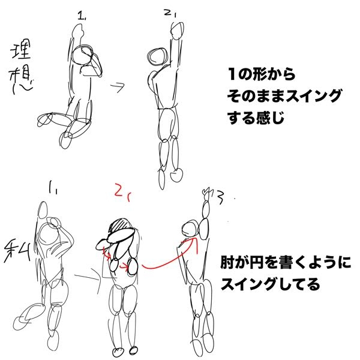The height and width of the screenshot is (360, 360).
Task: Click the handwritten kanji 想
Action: coord(21,80)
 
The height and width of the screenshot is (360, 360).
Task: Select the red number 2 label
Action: coord(122,193)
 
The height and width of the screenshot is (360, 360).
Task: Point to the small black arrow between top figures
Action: coord(118,87)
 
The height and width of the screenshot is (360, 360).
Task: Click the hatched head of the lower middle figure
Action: coord(121,226)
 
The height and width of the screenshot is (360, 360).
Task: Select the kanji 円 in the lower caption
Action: coord(259,262)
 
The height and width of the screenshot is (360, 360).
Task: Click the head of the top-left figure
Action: coord(82,56)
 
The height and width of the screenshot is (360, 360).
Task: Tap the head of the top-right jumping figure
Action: coord(158,56)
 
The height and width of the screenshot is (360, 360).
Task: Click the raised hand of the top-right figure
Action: coord(178,31)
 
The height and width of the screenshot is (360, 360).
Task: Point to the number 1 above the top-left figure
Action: coord(82,16)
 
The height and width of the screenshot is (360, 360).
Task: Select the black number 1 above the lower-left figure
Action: coord(53,188)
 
